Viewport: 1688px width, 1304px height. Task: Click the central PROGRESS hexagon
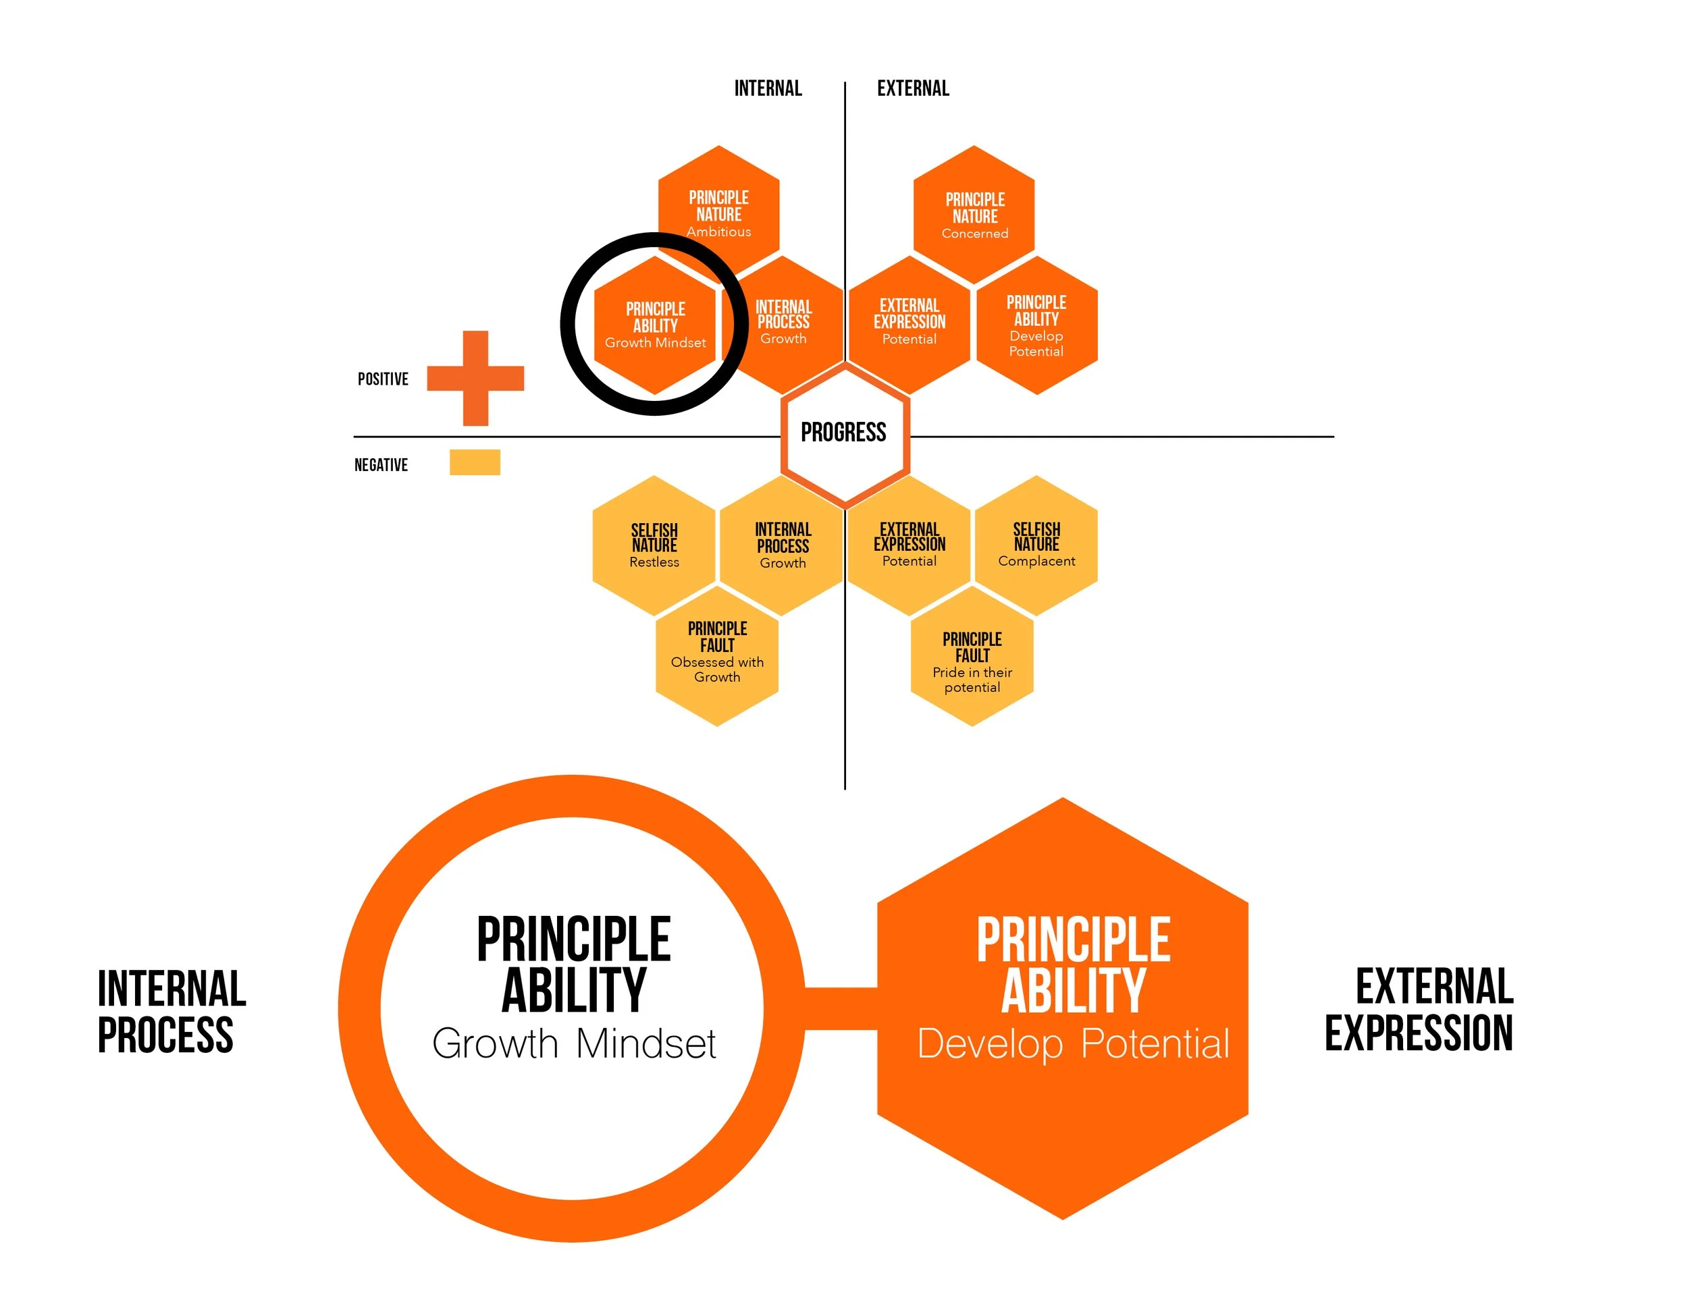[844, 434]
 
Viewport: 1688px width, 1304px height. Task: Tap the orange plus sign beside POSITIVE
[475, 379]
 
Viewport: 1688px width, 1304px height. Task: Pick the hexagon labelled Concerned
[974, 214]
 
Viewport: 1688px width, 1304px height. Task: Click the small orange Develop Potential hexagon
[1036, 325]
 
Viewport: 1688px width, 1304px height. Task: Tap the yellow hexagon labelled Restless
[654, 545]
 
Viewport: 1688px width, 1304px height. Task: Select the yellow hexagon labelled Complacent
[1036, 545]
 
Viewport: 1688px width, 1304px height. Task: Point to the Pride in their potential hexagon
[972, 663]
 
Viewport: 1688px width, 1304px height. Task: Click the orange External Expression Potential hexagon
[909, 323]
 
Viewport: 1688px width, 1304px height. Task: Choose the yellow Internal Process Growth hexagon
[782, 545]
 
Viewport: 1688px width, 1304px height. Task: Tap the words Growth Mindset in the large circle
[573, 1043]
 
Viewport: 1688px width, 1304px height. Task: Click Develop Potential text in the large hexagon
[1073, 1043]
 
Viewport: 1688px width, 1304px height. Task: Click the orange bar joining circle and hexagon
[841, 1008]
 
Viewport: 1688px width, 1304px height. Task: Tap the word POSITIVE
[383, 379]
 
